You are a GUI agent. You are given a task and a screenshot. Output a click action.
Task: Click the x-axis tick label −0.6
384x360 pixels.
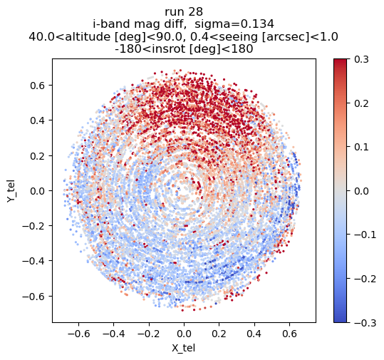click(78, 334)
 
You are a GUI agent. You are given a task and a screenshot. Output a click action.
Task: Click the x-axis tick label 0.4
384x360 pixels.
click(254, 334)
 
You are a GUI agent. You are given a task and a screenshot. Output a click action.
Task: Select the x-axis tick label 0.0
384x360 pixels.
click(184, 334)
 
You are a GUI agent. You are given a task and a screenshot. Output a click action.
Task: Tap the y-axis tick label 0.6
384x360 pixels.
click(38, 86)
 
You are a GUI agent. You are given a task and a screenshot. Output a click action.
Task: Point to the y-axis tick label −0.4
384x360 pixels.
click(33, 261)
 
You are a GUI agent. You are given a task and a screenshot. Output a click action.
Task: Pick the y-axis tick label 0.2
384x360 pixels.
click(38, 156)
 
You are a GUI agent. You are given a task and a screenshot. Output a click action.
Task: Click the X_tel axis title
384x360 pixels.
click(183, 348)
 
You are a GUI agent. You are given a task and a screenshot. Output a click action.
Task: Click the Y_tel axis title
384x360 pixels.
click(11, 191)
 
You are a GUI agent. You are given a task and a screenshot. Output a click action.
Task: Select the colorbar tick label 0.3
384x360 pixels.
click(361, 60)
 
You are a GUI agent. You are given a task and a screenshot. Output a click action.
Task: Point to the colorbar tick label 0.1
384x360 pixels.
click(361, 148)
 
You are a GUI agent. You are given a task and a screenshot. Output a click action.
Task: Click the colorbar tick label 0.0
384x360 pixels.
click(361, 191)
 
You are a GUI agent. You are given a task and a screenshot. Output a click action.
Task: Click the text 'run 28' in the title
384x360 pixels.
click(184, 12)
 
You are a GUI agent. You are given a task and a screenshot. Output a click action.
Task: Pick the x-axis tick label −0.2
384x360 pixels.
click(149, 334)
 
